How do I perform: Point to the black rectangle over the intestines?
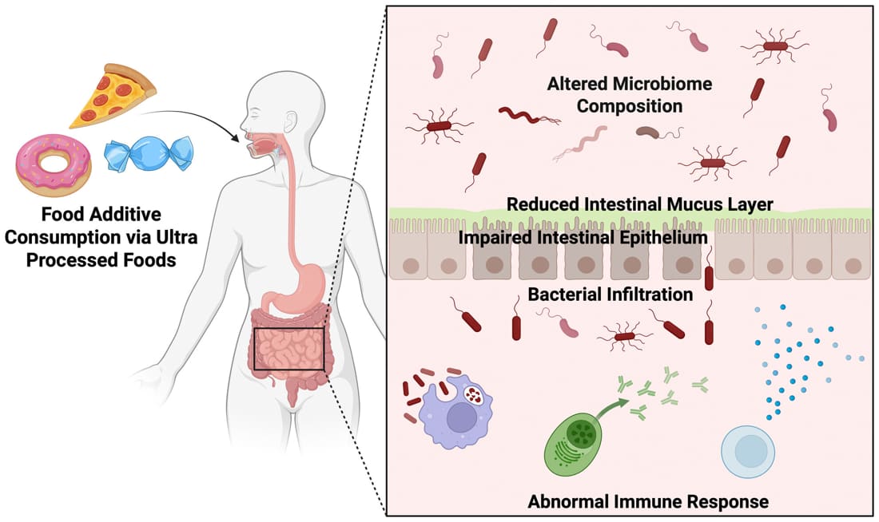[288, 349]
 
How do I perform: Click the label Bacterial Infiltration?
[611, 294]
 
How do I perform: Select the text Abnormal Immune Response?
[648, 502]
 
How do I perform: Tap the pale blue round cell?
[749, 451]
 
